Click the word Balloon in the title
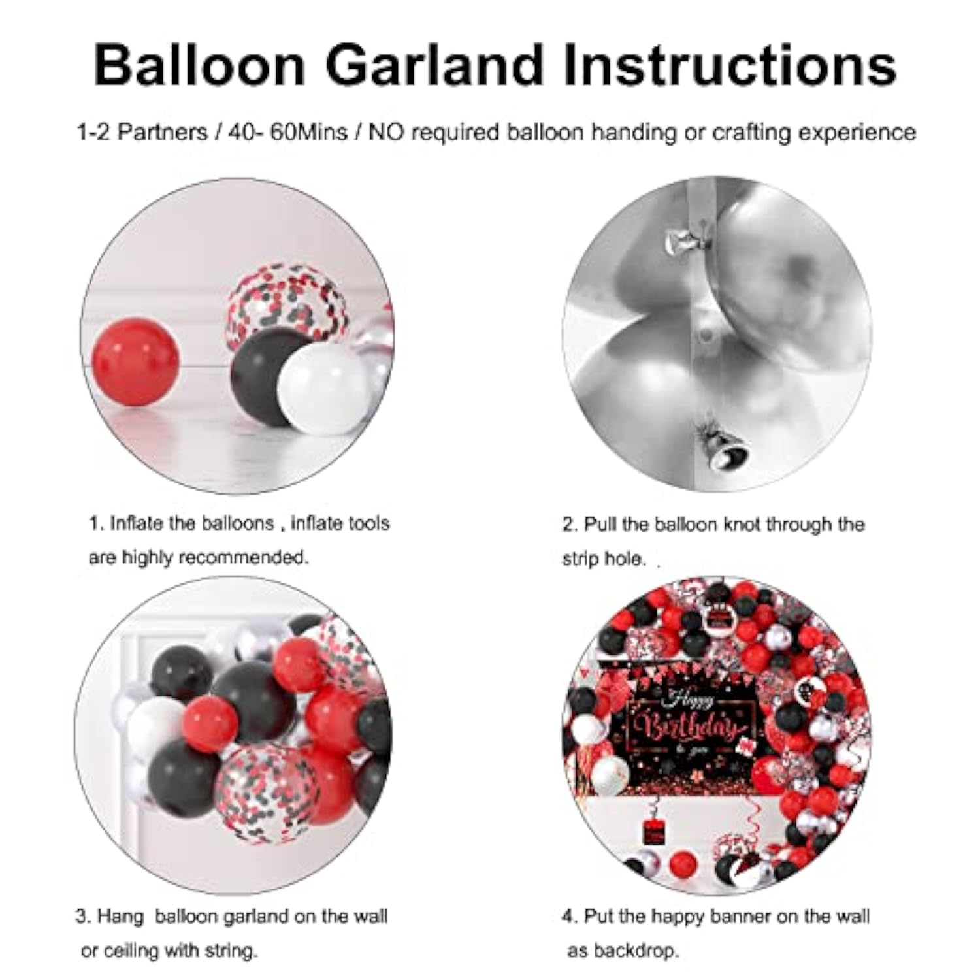click(x=199, y=65)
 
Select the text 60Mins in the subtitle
click(x=308, y=132)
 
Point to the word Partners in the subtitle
click(x=162, y=132)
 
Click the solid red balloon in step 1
click(x=135, y=361)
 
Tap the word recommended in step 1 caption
click(x=242, y=557)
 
